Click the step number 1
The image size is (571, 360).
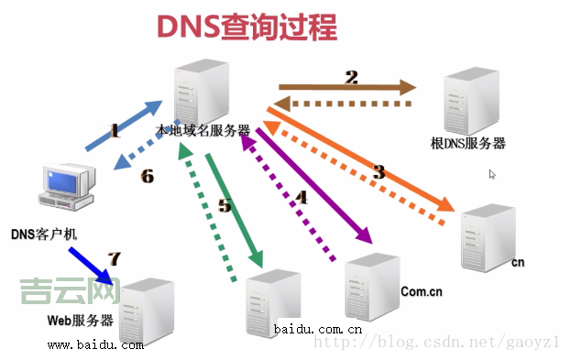click(x=115, y=131)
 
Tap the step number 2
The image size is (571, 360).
click(x=351, y=78)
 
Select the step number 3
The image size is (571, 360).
click(x=379, y=170)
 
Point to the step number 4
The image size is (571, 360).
click(x=299, y=195)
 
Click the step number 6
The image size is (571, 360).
click(x=148, y=177)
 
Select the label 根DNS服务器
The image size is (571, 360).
click(x=467, y=144)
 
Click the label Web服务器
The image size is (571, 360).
click(x=81, y=321)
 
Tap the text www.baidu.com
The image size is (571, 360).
click(x=95, y=345)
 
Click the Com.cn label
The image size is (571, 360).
click(x=422, y=291)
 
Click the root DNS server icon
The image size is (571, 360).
click(x=471, y=104)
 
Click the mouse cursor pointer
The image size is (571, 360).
click(x=492, y=174)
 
